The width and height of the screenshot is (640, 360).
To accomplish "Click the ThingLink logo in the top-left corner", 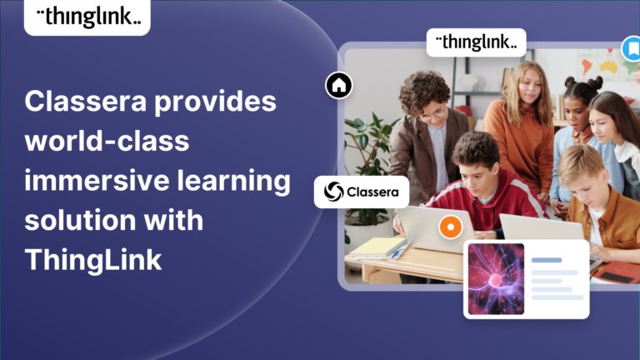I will [87, 17].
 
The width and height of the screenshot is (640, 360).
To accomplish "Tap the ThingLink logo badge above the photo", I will [476, 42].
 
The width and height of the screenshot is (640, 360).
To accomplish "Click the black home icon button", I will [338, 85].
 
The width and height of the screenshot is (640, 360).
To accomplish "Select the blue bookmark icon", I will [632, 48].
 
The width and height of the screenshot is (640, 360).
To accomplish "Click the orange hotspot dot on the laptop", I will [450, 226].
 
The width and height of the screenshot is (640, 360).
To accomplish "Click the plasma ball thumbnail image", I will [496, 278].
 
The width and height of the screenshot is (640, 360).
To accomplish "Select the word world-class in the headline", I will [107, 142].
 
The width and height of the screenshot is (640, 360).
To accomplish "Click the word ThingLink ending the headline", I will [92, 259].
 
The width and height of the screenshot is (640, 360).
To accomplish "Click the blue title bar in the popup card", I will [547, 260].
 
